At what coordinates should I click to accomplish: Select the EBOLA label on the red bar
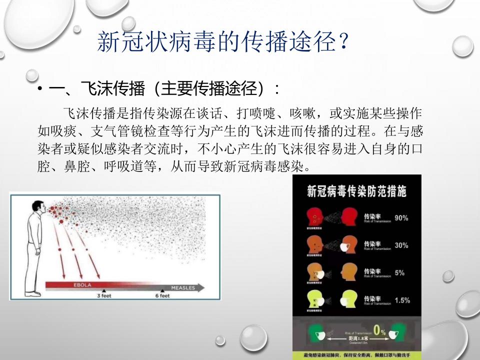tap(82, 285)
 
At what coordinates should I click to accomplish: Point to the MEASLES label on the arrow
tap(182, 288)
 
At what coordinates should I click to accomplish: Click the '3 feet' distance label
tap(105, 295)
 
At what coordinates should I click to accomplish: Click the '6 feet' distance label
tap(161, 295)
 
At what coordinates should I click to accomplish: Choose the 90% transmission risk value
tap(401, 218)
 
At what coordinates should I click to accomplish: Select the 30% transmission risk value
tap(401, 245)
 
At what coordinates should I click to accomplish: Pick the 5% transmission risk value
tap(399, 273)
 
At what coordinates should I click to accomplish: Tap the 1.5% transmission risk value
tap(402, 300)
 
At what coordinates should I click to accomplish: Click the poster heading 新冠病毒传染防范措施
tap(356, 191)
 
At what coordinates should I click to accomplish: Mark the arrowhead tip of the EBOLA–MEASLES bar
tap(204, 287)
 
